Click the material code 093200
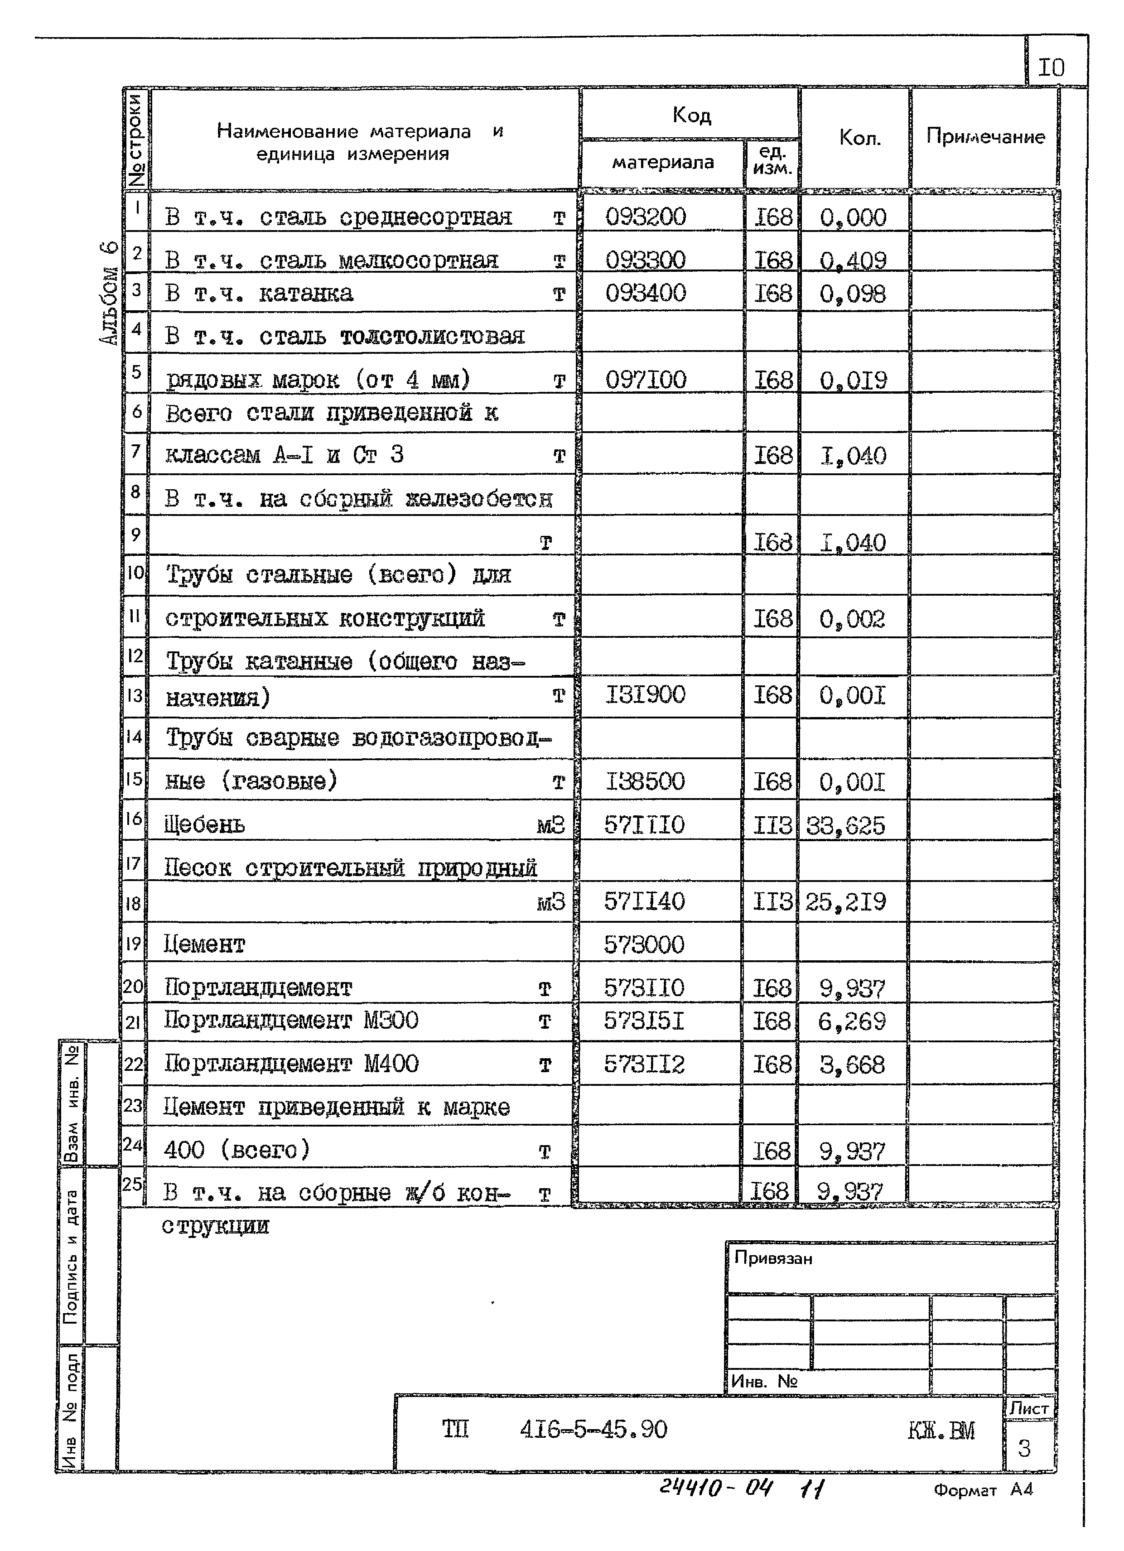[x=645, y=217]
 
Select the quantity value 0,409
[x=853, y=260]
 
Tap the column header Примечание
[x=985, y=137]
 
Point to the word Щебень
[x=205, y=825]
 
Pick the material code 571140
[x=644, y=901]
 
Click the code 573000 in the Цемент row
[x=644, y=944]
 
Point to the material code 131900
[x=645, y=695]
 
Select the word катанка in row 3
[x=306, y=294]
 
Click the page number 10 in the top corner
[x=1052, y=67]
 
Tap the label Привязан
[x=773, y=1258]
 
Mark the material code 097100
[x=645, y=380]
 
